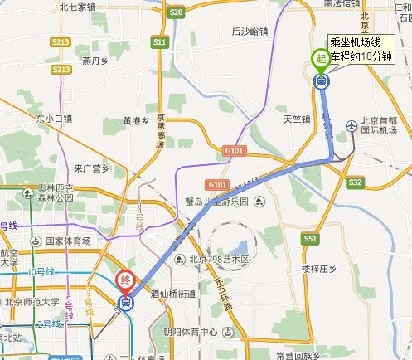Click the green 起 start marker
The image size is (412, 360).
coord(319,58)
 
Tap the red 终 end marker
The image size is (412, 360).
coord(126,280)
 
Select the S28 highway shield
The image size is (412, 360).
coord(174,12)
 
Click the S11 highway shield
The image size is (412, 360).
coord(160,41)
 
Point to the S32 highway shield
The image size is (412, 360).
coord(356,182)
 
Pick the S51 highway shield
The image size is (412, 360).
coord(311,239)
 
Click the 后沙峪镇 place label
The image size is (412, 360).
coord(250,32)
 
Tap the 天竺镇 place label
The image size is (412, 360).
coord(297,119)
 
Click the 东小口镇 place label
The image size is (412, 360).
coord(55,119)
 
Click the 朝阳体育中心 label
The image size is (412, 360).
coord(191,332)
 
